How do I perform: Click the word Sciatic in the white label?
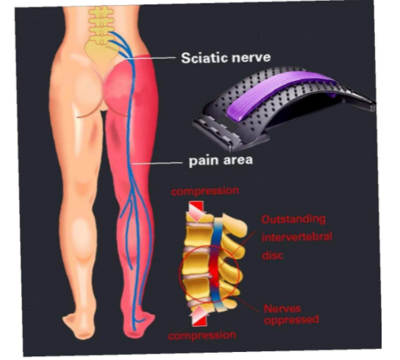(204, 57)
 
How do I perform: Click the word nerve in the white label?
(251, 57)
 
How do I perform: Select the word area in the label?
(238, 160)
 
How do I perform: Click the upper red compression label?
(205, 191)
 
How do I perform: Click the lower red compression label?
(202, 335)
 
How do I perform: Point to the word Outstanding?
(293, 219)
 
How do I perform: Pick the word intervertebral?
(297, 237)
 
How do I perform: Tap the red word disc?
(273, 255)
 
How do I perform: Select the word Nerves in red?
(282, 308)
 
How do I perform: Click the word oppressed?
(291, 320)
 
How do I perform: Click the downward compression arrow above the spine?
(196, 211)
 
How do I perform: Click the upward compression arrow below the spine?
(199, 316)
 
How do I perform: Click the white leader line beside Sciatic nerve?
(150, 58)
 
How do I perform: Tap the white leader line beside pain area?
(157, 163)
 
